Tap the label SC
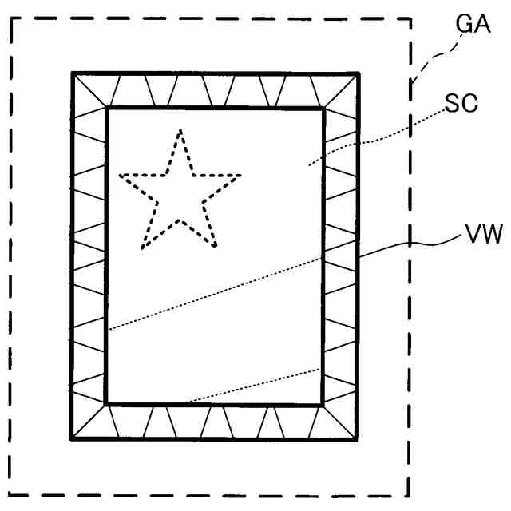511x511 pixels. pyautogui.click(x=461, y=105)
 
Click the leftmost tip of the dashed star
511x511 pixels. pyautogui.click(x=120, y=175)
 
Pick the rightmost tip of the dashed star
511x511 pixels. pyautogui.click(x=241, y=175)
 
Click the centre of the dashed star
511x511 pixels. pyautogui.click(x=180, y=196)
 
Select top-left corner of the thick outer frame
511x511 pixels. pyautogui.click(x=73, y=74)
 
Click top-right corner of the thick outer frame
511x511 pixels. pyautogui.click(x=359, y=74)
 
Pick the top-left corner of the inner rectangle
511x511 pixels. pyautogui.click(x=107, y=108)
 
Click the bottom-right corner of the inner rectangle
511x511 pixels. pyautogui.click(x=323, y=405)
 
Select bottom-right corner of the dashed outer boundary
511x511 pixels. pyautogui.click(x=410, y=496)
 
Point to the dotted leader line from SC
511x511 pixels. pyautogui.click(x=375, y=137)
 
